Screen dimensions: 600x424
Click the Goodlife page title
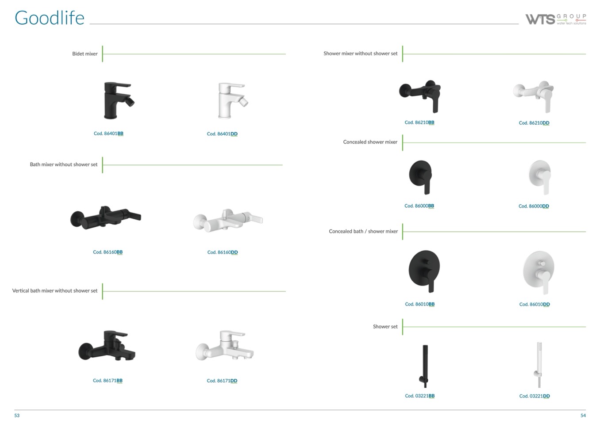(50, 18)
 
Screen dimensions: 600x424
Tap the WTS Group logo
(556, 19)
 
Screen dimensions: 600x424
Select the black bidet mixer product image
(119, 100)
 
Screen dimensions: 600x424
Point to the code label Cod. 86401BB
(108, 134)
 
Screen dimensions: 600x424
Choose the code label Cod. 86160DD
(223, 252)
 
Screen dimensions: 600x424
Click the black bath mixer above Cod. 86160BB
(106, 217)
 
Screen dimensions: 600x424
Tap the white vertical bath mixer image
(224, 346)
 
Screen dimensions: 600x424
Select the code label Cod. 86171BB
(108, 381)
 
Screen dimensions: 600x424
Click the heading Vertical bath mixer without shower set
(55, 290)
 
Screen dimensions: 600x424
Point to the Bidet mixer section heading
(85, 54)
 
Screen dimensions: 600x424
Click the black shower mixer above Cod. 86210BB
(420, 96)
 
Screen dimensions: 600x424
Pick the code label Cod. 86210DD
(534, 123)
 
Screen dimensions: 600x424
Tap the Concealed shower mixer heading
(370, 142)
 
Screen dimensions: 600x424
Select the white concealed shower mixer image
(540, 177)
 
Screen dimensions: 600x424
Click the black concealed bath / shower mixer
(424, 271)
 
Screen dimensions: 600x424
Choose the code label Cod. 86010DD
(535, 305)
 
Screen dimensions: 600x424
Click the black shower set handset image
(425, 366)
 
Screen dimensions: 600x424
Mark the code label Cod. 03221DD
(535, 396)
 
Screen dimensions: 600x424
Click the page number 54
(583, 416)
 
